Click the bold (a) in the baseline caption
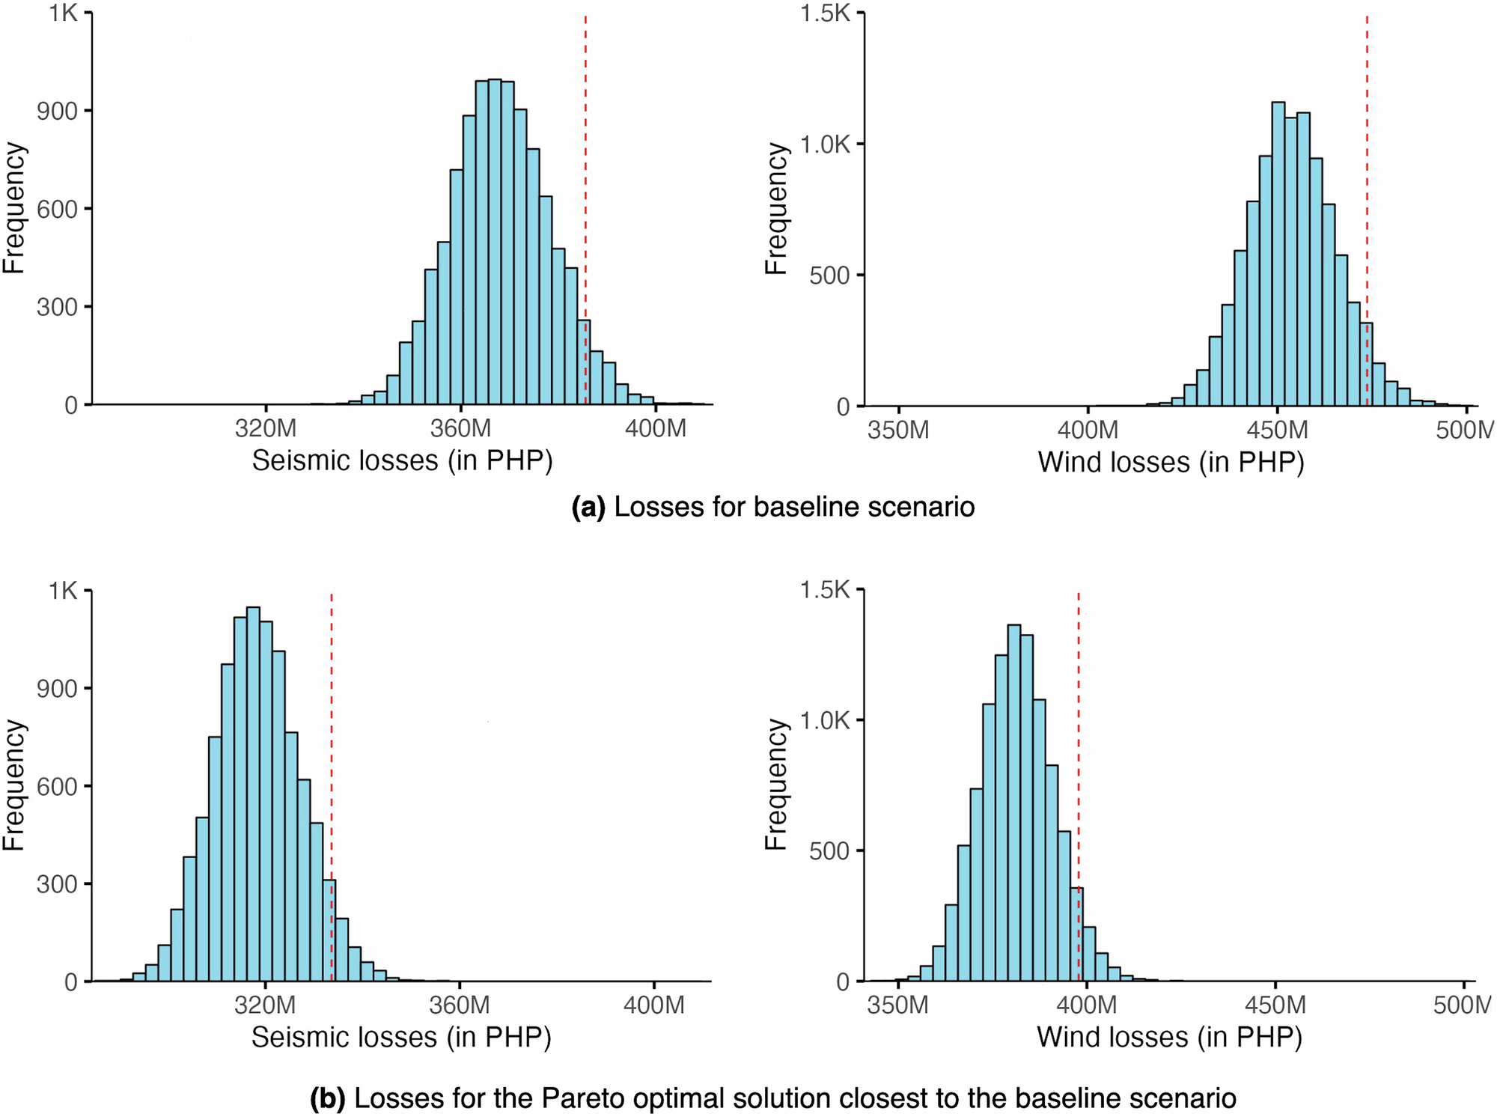pos(588,507)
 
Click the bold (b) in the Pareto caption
pos(327,1098)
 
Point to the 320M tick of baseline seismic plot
pos(266,429)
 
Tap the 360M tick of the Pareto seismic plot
pos(459,1005)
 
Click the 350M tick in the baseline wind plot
pos(897,430)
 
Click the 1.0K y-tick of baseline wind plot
pos(826,144)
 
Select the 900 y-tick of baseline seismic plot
pos(57,111)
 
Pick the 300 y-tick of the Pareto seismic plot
pos(57,883)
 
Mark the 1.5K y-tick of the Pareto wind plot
pos(826,590)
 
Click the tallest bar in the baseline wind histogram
pos(1278,255)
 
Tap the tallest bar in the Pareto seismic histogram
pos(253,794)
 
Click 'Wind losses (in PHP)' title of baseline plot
pos(1171,462)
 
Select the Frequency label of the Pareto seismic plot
pos(15,785)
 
